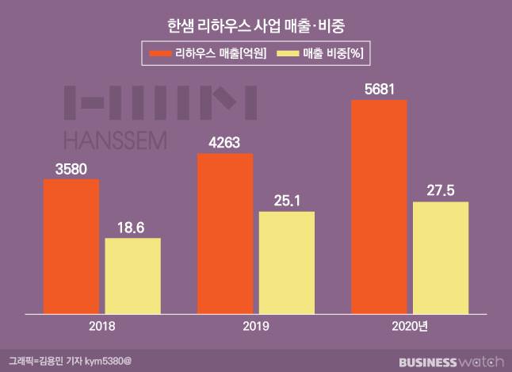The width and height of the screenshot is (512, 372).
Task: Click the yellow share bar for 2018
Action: tap(133, 272)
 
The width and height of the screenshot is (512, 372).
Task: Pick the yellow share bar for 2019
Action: tap(287, 259)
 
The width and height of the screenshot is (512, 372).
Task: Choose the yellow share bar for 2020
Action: tap(440, 254)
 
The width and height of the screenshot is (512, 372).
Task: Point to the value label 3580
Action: tap(71, 168)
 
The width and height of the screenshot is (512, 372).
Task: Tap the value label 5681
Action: tap(379, 88)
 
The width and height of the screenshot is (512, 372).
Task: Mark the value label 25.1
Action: tap(287, 200)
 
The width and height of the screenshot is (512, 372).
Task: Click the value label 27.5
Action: tap(440, 190)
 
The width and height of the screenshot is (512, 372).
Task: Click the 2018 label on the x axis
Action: tap(102, 326)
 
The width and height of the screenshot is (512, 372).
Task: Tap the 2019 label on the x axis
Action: tap(255, 326)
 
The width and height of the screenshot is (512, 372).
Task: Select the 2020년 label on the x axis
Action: tap(409, 326)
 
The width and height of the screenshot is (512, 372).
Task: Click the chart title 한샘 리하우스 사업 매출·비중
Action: tap(255, 25)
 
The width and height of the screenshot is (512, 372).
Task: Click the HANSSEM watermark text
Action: tap(114, 140)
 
